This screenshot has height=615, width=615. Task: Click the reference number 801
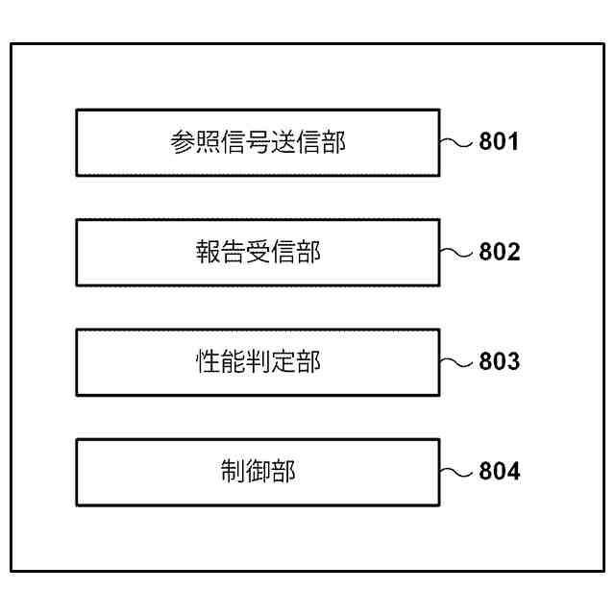click(x=500, y=143)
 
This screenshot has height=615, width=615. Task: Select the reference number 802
click(x=500, y=253)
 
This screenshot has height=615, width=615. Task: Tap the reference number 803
click(x=500, y=362)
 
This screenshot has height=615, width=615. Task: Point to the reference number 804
click(x=500, y=472)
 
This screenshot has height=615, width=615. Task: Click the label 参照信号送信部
click(x=258, y=143)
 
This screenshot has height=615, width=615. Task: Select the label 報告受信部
click(x=258, y=253)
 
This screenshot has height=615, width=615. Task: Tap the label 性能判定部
click(x=258, y=362)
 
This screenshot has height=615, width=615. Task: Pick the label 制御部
click(x=258, y=472)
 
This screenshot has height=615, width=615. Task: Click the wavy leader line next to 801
click(x=458, y=143)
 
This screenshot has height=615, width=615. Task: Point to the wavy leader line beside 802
click(x=458, y=253)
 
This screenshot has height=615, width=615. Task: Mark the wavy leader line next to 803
click(x=458, y=362)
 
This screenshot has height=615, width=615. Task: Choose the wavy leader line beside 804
click(x=458, y=472)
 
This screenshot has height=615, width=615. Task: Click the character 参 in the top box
click(x=183, y=143)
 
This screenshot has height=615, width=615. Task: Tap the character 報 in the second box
click(x=208, y=253)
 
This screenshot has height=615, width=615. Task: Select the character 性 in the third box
click(x=208, y=362)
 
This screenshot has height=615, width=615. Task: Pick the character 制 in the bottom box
click(x=233, y=472)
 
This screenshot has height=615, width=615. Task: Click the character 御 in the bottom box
click(x=258, y=472)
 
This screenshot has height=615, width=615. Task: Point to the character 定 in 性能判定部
click(x=283, y=362)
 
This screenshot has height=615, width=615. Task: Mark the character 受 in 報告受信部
click(x=258, y=253)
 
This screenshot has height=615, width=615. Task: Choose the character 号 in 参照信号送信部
click(x=258, y=143)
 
